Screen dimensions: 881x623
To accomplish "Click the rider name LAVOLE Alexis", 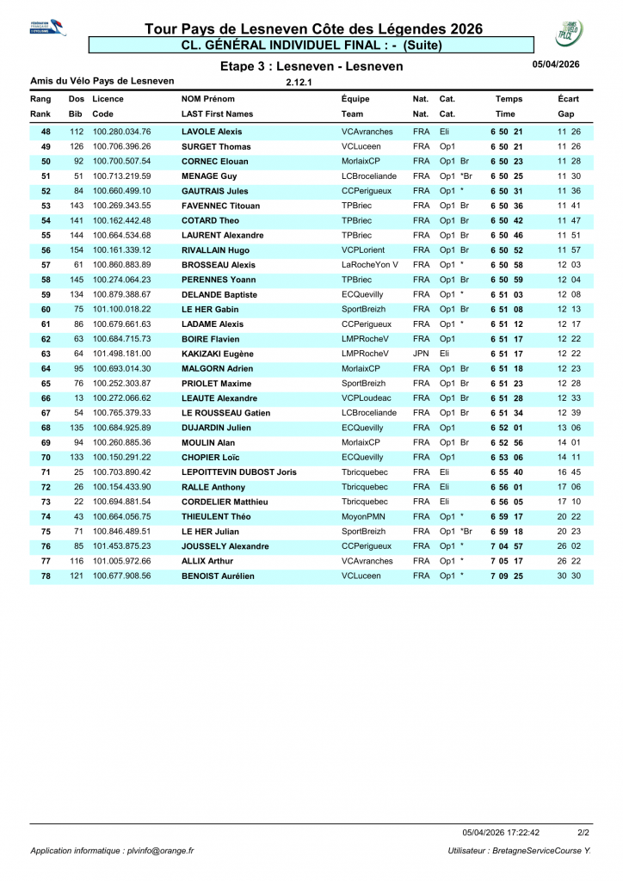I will point(212,132).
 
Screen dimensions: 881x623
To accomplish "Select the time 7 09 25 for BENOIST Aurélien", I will point(506,576).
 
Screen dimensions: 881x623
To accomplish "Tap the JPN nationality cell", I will point(421,354).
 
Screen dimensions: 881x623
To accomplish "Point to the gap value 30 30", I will point(569,576).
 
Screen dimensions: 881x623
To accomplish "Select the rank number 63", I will point(46,354).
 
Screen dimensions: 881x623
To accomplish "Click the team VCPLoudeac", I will point(366,398).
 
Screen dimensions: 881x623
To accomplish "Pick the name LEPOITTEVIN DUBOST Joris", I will point(239,472).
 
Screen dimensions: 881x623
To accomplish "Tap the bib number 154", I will point(77,250).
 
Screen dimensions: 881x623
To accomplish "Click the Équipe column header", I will point(355,99).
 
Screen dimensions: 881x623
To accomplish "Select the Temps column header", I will point(509,99).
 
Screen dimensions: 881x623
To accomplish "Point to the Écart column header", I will point(568,99).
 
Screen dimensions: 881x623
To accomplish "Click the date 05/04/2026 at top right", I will point(556,64).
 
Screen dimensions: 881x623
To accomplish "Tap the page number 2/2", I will point(583,832).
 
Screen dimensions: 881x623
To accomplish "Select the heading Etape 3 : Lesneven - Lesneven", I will point(311,66).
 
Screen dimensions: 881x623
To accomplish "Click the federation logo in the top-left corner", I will point(46,28).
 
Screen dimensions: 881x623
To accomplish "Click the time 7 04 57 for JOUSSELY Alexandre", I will point(506,546).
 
